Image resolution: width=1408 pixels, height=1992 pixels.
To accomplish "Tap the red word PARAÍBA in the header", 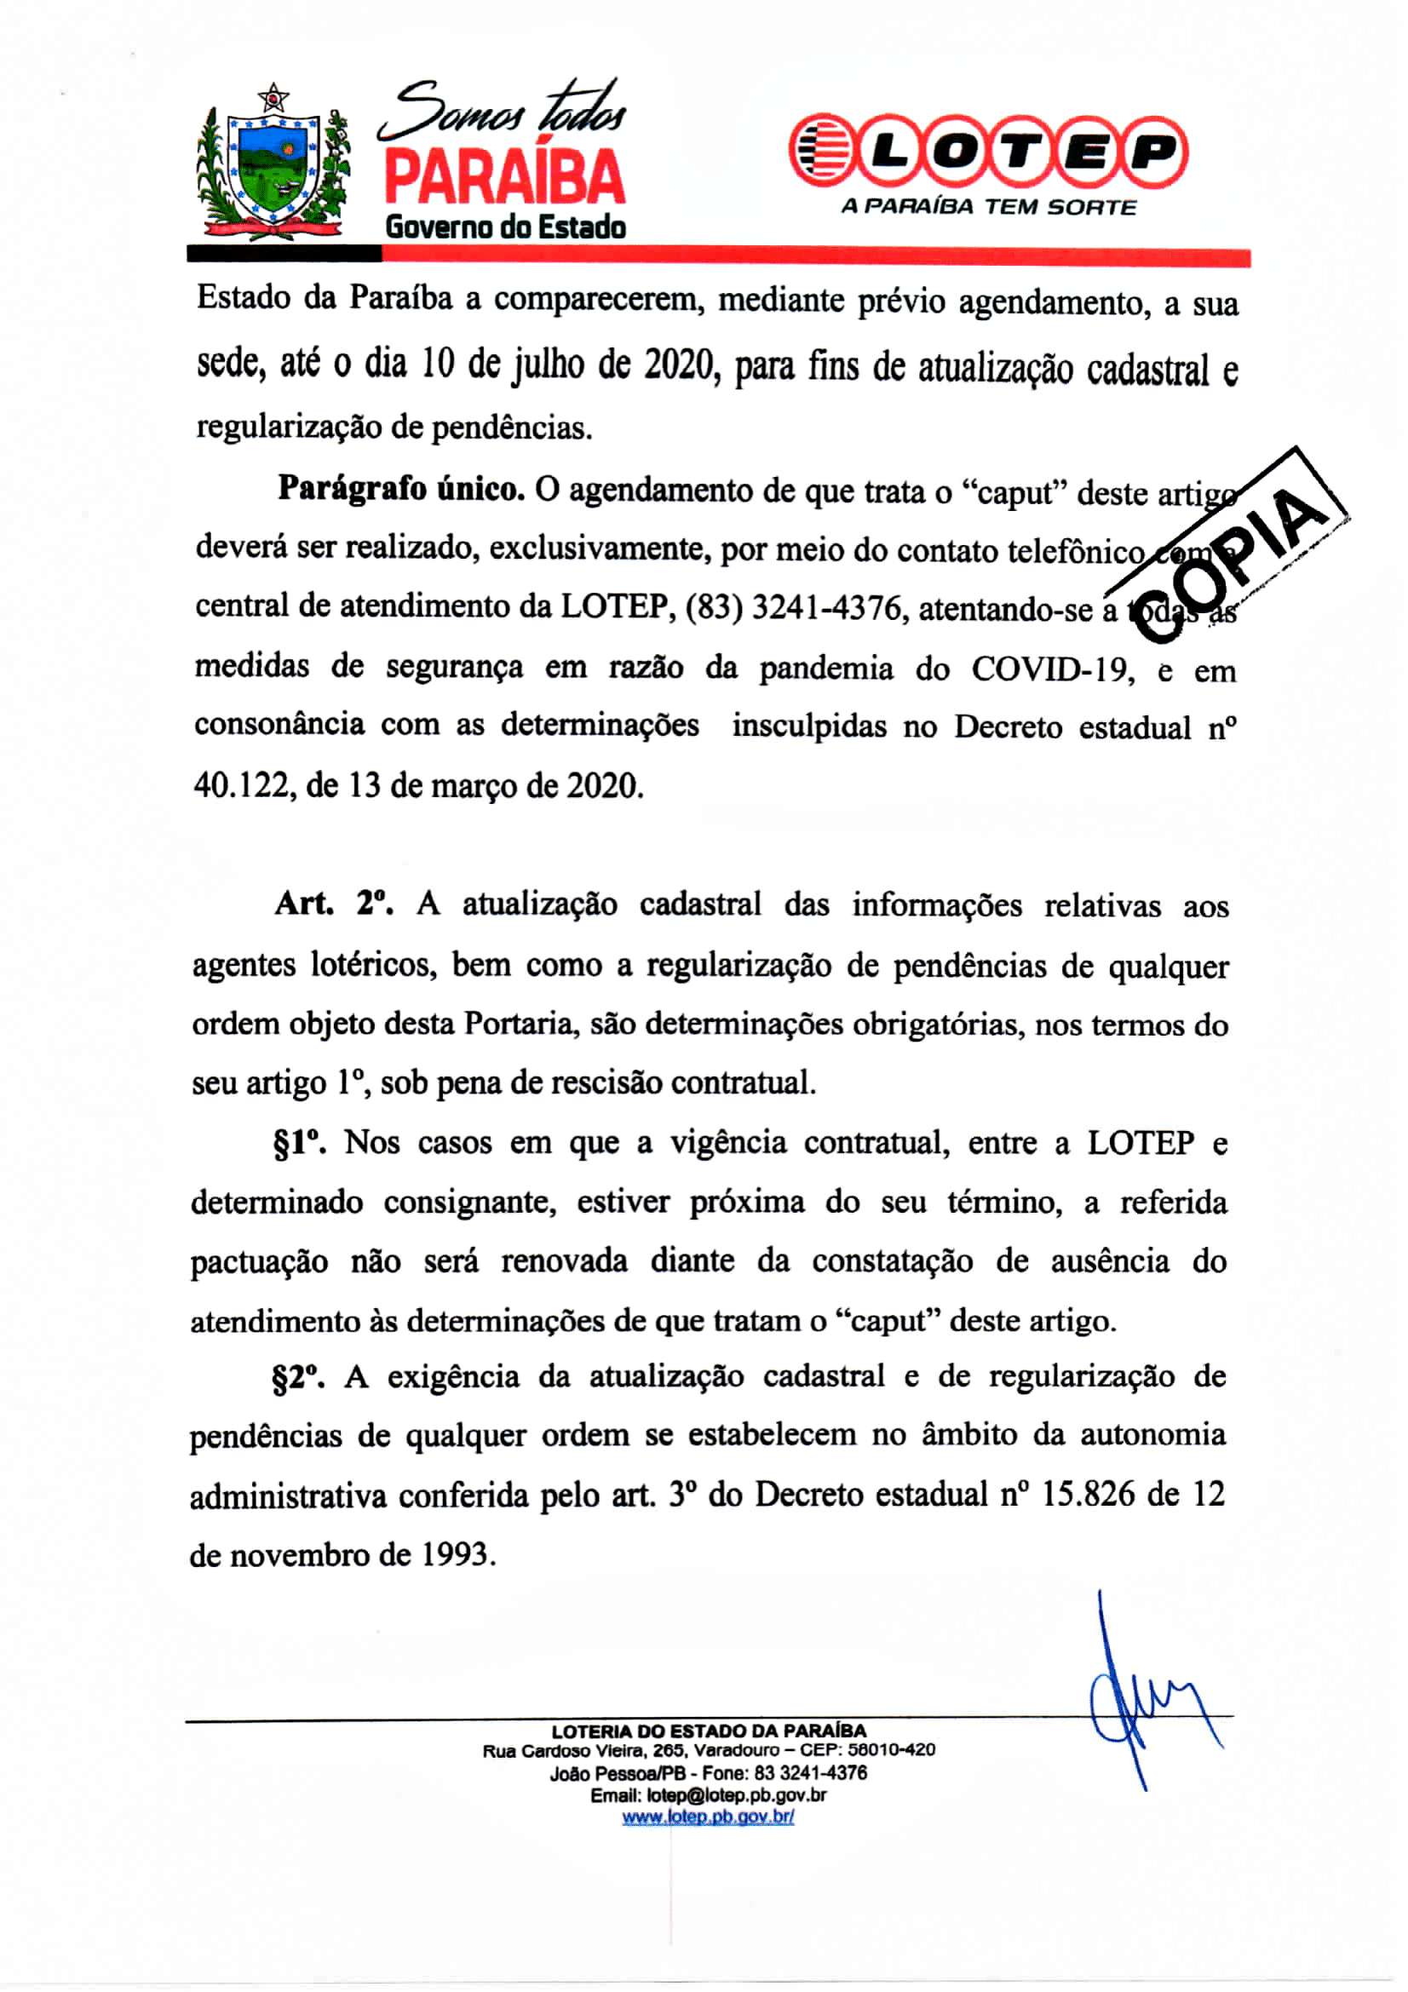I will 504,177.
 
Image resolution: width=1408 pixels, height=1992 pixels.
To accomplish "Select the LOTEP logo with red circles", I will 988,151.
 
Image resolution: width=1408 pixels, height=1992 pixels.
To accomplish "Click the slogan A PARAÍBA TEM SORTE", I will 988,207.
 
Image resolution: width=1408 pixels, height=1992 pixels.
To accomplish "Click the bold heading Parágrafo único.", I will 401,491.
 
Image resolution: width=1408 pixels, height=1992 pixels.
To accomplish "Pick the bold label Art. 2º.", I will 333,904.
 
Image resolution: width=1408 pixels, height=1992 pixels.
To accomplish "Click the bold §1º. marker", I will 299,1144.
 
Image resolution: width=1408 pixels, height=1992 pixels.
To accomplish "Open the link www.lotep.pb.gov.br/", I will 708,1816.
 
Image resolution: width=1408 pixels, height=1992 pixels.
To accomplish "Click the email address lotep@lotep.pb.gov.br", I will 736,1794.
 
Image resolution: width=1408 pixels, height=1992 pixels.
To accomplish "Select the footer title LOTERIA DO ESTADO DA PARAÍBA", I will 708,1731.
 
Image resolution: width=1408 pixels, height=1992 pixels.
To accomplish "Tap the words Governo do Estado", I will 505,227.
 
